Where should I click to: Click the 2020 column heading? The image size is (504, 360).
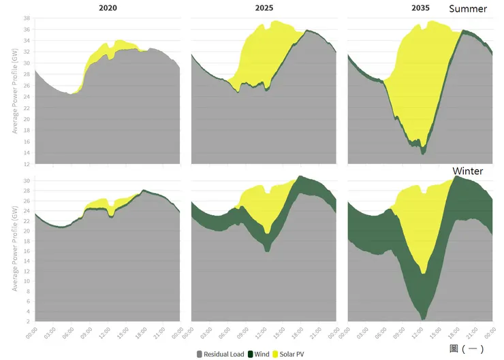click(x=108, y=8)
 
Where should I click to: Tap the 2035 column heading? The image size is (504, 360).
click(x=421, y=8)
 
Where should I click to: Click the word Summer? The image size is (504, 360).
click(x=469, y=9)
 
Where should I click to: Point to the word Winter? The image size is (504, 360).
click(x=468, y=171)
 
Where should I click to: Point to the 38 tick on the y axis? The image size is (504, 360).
click(x=27, y=18)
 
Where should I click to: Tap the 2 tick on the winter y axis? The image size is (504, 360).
click(x=28, y=321)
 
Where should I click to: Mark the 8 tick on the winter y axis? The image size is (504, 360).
click(x=28, y=281)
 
